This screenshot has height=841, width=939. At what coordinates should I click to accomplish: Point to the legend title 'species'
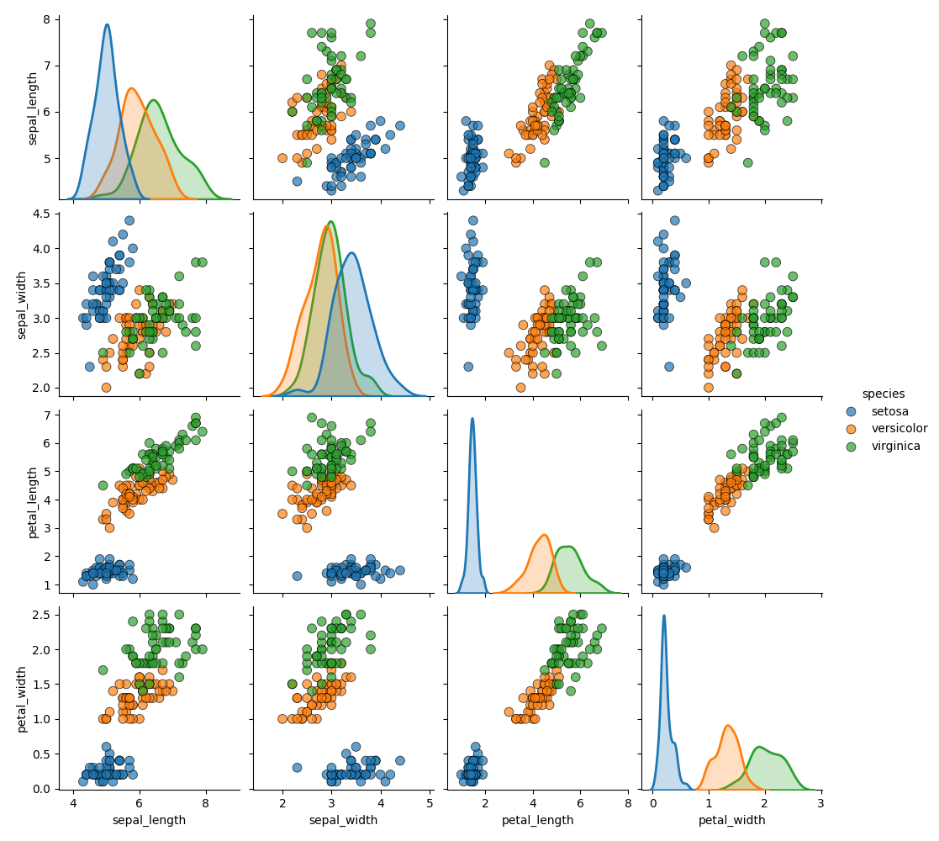coord(884,394)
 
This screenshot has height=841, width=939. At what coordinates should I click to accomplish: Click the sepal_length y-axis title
coord(33,108)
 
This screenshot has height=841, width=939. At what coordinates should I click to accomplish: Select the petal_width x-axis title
coord(731,820)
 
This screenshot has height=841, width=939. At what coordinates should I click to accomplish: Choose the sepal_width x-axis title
coord(342,820)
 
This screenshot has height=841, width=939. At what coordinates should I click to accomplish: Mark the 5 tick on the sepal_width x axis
coord(430,802)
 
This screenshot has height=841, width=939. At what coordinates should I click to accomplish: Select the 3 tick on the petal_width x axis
coord(820,802)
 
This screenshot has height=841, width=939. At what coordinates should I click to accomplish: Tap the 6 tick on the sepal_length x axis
coord(140,802)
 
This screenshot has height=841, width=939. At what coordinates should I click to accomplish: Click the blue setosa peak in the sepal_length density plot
coord(107,25)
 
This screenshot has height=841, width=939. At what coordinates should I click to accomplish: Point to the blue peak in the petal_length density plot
coord(472,419)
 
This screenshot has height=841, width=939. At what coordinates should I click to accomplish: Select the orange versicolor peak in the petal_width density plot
coord(727,726)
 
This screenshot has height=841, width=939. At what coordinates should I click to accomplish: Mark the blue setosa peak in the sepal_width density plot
coord(351,253)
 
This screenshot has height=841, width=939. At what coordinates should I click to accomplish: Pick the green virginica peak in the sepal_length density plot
coord(154,101)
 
